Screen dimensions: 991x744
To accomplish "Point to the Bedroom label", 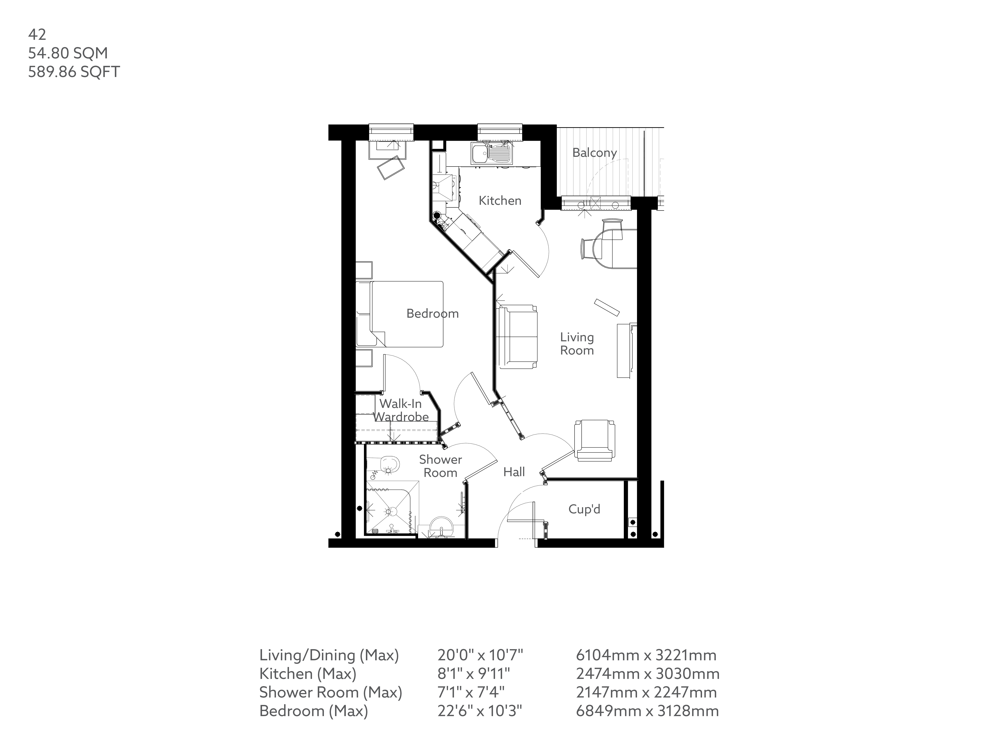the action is click(432, 313).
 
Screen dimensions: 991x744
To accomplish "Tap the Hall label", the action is click(514, 472).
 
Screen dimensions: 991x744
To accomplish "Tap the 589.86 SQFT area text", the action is click(74, 72).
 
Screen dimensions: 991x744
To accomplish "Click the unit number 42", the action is click(37, 35).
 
